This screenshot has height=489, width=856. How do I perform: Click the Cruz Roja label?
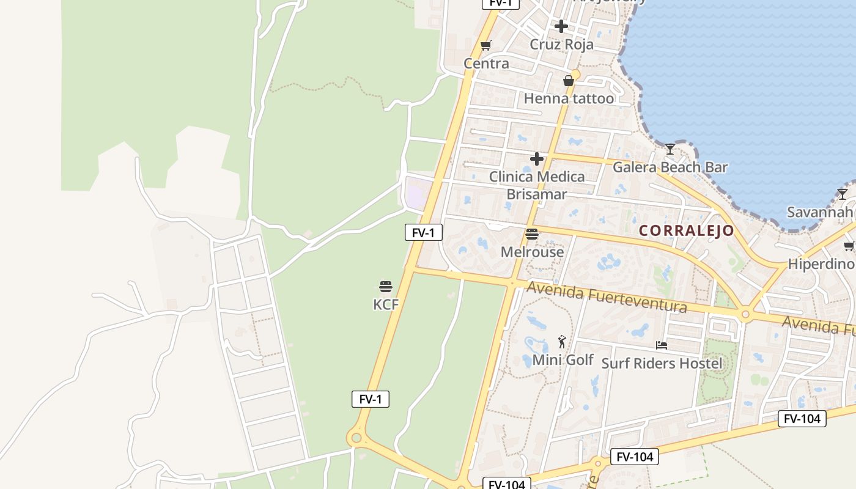coord(561,45)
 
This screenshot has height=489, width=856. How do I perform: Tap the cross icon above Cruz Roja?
coord(561,26)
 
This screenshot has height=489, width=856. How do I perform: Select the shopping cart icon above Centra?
coord(486,45)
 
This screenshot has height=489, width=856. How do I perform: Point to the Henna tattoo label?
coord(569,98)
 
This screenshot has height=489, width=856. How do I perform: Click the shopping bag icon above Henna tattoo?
coord(569,81)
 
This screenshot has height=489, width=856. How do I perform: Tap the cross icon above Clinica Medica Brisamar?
coord(537,159)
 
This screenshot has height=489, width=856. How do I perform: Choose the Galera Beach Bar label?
coord(670,167)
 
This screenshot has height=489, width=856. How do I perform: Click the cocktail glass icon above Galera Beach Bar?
coord(670,149)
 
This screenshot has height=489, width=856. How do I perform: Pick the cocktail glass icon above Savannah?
coord(843,194)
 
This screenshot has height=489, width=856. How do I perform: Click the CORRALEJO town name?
coord(686,230)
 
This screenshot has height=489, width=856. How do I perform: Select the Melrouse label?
coord(532,252)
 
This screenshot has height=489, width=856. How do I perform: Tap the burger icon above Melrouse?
coord(532,233)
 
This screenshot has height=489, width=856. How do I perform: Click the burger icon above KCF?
coord(385,286)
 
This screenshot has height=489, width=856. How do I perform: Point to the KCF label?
coord(385,304)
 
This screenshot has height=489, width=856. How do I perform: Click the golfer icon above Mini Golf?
coord(563,342)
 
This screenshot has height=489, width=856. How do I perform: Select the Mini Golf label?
coord(563,359)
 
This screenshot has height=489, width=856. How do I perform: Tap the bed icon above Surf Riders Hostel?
coord(662,345)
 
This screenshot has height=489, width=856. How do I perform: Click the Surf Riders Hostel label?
coord(662,363)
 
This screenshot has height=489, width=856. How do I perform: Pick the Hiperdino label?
coord(820,264)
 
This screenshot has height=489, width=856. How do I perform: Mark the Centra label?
coord(486,64)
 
